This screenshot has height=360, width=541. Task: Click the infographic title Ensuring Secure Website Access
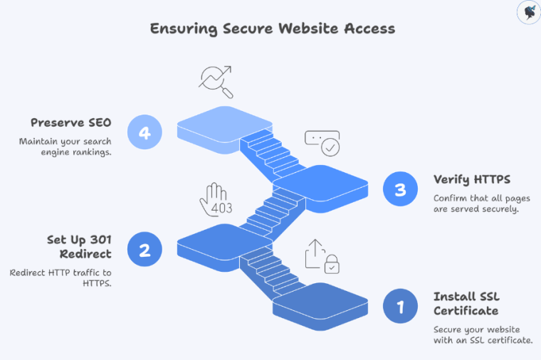click(x=272, y=29)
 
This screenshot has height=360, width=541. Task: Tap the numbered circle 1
click(x=400, y=307)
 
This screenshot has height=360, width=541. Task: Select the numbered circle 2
click(x=145, y=250)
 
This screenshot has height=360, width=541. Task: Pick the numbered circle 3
click(x=400, y=189)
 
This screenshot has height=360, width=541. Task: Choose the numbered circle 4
click(x=145, y=132)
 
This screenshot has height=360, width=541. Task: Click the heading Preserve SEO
click(x=70, y=122)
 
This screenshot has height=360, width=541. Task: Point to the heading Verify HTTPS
click(x=471, y=179)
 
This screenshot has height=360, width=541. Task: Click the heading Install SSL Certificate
click(x=466, y=304)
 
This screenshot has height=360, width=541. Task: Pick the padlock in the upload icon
click(x=331, y=266)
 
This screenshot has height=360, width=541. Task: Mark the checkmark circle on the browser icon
click(x=330, y=147)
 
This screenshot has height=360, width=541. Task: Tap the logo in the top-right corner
click(x=527, y=13)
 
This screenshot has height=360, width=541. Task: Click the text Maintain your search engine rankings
click(x=65, y=147)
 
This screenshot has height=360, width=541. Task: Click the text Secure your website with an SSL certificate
click(x=483, y=334)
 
